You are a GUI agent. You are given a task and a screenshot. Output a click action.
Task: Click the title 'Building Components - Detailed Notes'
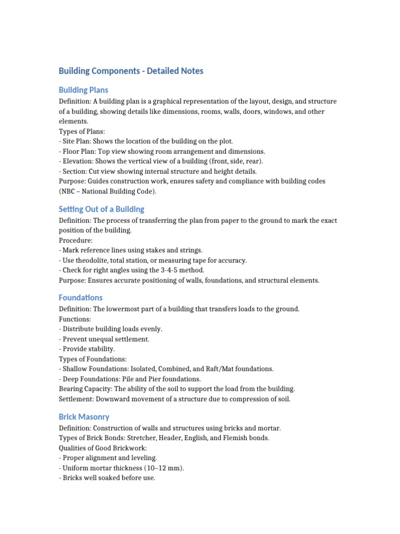(131, 71)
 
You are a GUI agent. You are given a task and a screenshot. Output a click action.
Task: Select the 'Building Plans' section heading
(83, 90)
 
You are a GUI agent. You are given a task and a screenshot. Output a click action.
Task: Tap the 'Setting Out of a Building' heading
(102, 209)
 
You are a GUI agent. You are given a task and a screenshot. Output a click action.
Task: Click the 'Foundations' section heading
(81, 297)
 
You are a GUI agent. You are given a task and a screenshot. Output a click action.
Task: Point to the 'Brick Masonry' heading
(84, 417)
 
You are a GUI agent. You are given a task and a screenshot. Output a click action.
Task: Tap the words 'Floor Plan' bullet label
(79, 151)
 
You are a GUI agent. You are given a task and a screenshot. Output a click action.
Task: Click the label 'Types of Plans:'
(82, 131)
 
